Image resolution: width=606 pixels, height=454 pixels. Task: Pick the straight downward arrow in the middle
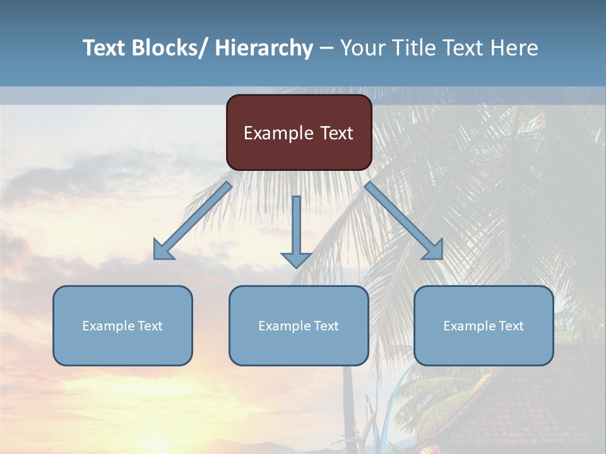coord(296,230)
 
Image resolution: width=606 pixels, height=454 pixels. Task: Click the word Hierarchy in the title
coord(263,49)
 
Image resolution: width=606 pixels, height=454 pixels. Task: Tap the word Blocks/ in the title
coord(169,48)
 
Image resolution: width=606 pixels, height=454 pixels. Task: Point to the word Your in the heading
coord(360,48)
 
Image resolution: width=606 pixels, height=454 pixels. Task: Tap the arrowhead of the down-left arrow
coord(163,250)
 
